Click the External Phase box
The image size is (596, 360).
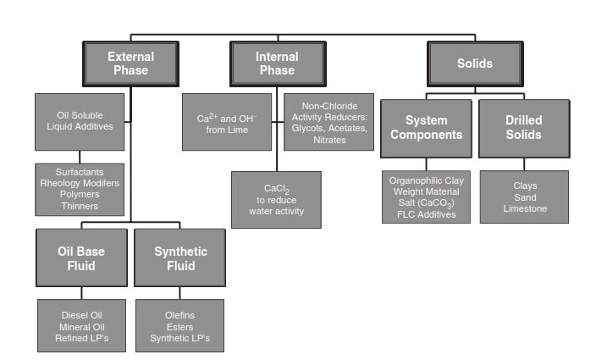(x=130, y=63)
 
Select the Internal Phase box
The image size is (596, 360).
(x=277, y=63)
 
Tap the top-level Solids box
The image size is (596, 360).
(x=474, y=63)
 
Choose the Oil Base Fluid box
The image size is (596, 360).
(x=80, y=258)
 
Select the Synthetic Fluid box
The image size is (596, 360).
(x=180, y=258)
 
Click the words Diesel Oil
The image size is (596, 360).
(x=81, y=315)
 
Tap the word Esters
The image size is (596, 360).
(x=179, y=326)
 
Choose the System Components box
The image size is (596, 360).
(x=426, y=128)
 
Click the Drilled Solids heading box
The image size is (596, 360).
(x=524, y=128)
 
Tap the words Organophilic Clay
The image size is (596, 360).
(x=425, y=180)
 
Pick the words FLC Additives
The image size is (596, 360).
(x=425, y=215)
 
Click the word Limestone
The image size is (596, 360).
(x=524, y=208)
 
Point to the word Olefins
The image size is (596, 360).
(x=179, y=315)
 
